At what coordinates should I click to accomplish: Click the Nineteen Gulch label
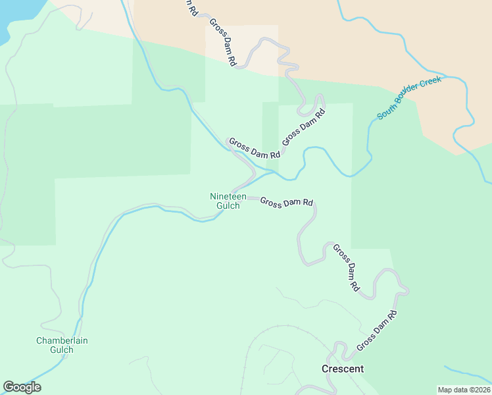[x=228, y=201]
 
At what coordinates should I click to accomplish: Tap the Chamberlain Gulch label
[x=62, y=345]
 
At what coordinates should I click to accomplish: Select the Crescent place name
[x=342, y=369]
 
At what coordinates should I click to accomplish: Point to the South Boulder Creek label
[x=408, y=97]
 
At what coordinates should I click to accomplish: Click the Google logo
[x=22, y=387]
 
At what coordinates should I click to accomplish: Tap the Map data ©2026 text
[x=464, y=390]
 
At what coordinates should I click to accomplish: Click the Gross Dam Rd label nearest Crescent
[x=377, y=330]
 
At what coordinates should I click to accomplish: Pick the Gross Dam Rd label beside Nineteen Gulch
[x=286, y=202]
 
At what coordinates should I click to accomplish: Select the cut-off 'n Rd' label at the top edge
[x=189, y=7]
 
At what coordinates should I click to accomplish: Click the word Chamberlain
[x=62, y=340]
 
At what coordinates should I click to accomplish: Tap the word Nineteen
[x=228, y=196]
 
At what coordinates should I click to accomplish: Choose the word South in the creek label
[x=385, y=111]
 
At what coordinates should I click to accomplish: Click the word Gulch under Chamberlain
[x=62, y=350]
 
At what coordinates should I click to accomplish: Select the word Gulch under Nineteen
[x=228, y=205]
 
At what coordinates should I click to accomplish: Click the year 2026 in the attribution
[x=480, y=390]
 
